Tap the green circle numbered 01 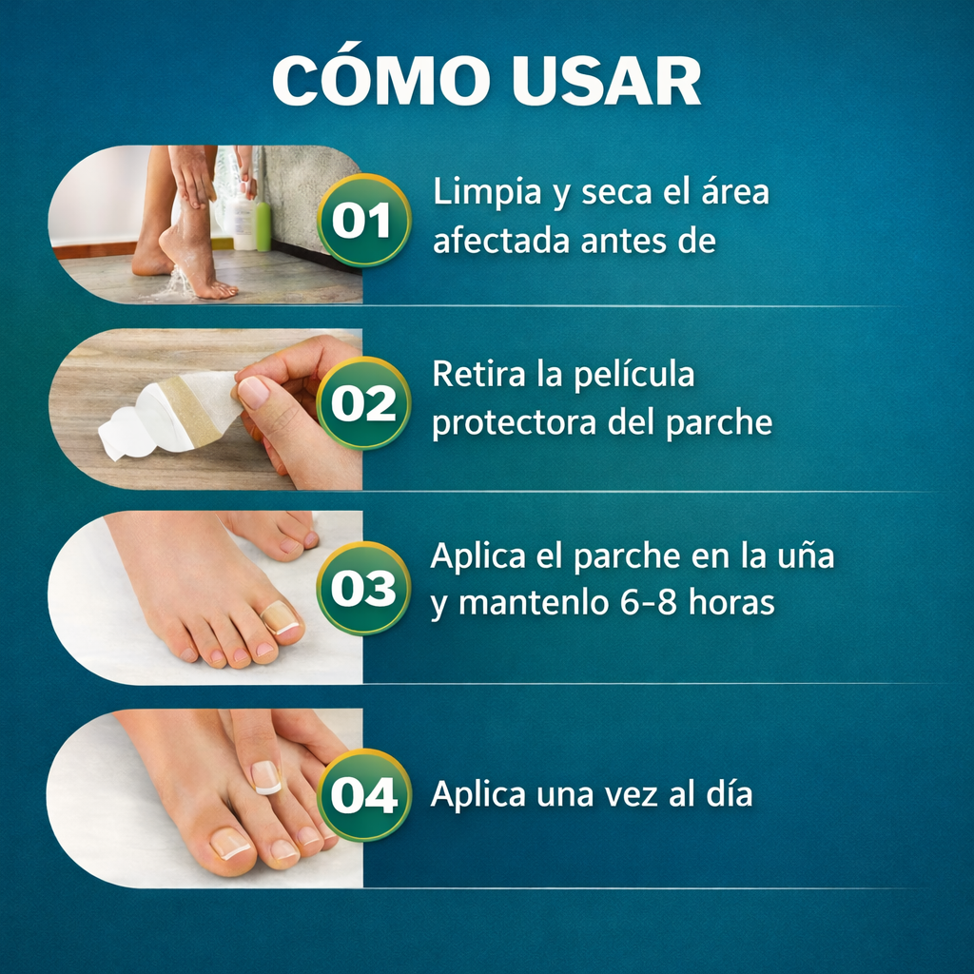click(x=363, y=221)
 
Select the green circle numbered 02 click(x=363, y=403)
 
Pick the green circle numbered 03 click(x=363, y=588)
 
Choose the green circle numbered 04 click(x=363, y=795)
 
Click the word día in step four click(x=728, y=794)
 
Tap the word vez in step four click(x=619, y=794)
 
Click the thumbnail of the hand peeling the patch click(x=205, y=409)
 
